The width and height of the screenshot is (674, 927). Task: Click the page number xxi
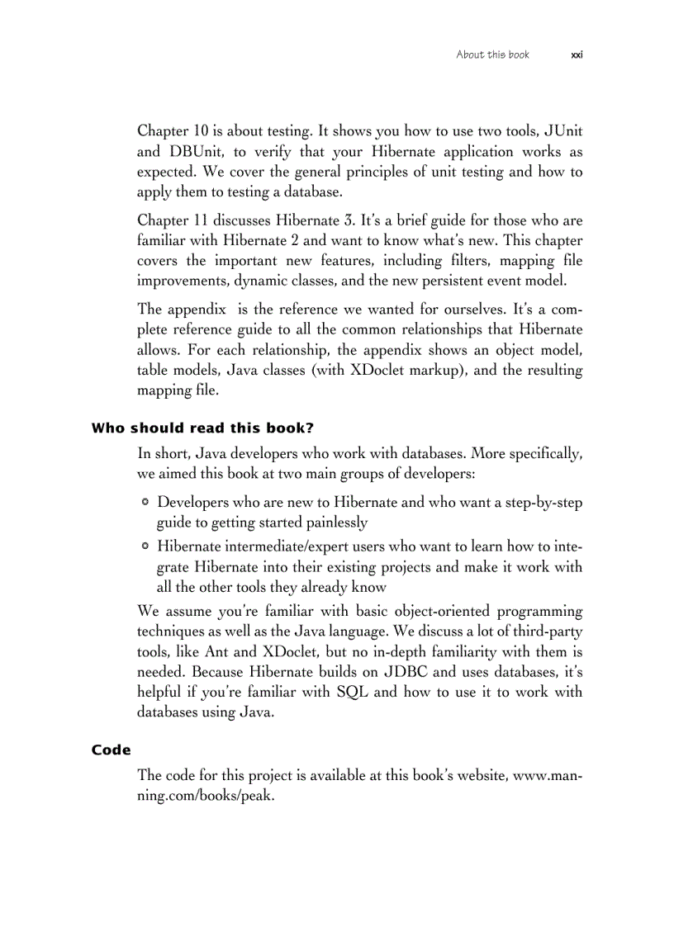[577, 54]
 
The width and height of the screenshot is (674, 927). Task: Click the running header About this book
[492, 54]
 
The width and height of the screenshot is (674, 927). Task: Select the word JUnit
[561, 131]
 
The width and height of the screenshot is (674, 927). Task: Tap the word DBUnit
[199, 152]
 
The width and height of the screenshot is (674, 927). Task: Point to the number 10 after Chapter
[202, 131]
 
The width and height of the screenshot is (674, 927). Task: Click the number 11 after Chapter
[202, 220]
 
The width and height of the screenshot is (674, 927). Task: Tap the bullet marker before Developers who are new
[145, 502]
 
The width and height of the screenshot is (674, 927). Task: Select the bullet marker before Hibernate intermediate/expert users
[145, 546]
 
